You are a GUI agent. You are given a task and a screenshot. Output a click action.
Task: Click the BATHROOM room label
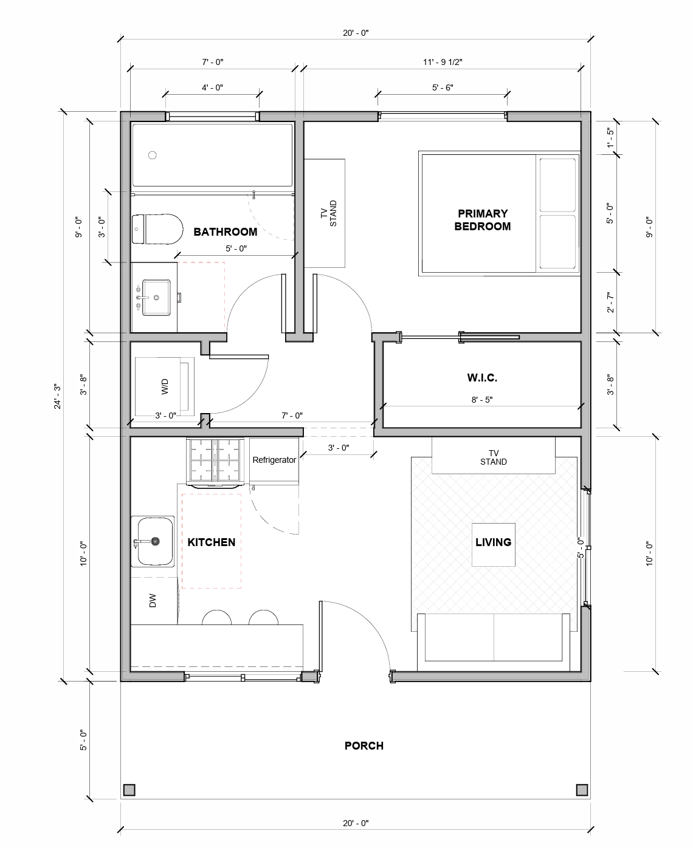(x=225, y=232)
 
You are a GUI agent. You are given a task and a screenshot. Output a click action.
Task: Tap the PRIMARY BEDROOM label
(x=483, y=220)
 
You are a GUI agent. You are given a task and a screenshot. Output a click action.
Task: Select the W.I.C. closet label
(x=482, y=378)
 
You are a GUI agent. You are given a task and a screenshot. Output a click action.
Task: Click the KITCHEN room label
(x=211, y=542)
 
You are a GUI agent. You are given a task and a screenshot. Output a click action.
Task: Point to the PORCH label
(x=364, y=746)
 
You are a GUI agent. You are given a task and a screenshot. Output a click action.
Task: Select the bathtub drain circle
(x=153, y=155)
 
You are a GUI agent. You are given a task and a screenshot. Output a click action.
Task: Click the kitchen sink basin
(x=155, y=541)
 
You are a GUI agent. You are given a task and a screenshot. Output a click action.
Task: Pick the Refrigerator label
(x=274, y=460)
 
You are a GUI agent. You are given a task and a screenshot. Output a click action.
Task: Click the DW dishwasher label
(x=153, y=601)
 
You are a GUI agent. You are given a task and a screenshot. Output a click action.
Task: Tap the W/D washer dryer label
(x=164, y=387)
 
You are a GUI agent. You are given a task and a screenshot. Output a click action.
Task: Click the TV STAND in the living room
(x=493, y=457)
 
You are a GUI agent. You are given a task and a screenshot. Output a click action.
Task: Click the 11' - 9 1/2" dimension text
(x=443, y=62)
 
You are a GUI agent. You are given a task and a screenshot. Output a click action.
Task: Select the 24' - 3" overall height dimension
(x=57, y=395)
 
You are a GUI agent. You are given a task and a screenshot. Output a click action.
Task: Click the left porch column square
(x=129, y=790)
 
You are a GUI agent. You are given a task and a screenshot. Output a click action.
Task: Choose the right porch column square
(x=582, y=790)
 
